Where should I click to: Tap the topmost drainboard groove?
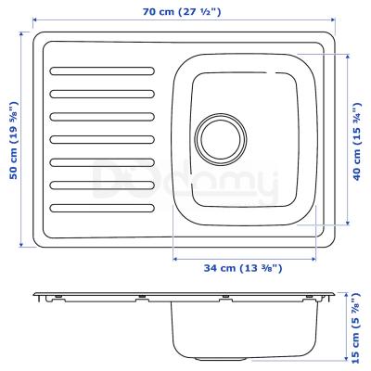pos(103,70)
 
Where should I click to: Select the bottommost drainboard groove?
pos(103,207)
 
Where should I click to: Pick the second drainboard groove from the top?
pos(103,93)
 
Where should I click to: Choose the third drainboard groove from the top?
pos(103,116)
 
